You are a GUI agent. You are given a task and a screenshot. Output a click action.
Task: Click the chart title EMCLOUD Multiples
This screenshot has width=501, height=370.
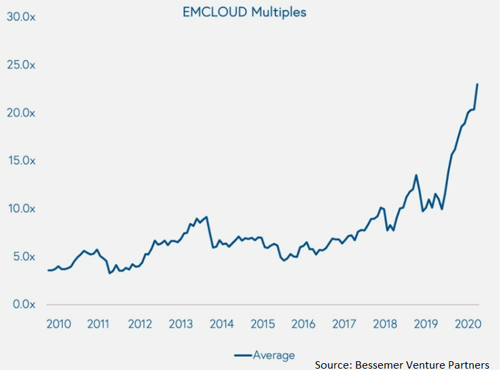pyautogui.click(x=244, y=12)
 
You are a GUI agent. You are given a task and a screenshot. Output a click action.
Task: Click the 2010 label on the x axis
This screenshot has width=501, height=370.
pyautogui.click(x=58, y=324)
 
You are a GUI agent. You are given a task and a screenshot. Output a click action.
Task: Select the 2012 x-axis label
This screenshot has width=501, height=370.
pyautogui.click(x=140, y=324)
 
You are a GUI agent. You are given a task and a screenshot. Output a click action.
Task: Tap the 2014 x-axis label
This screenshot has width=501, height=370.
pyautogui.click(x=221, y=324)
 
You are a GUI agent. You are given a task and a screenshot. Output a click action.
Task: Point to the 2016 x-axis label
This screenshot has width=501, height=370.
pyautogui.click(x=303, y=324)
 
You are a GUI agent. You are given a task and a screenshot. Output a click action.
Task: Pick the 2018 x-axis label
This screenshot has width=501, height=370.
pyautogui.click(x=385, y=324)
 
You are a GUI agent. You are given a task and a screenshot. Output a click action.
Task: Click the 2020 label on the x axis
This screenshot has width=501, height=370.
pyautogui.click(x=467, y=324)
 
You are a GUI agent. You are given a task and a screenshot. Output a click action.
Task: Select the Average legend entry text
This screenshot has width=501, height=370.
pyautogui.click(x=274, y=354)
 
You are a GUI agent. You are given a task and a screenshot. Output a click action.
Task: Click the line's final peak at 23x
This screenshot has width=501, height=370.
pyautogui.click(x=477, y=84)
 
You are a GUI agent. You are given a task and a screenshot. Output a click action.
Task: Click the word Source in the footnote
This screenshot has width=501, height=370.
pyautogui.click(x=333, y=365)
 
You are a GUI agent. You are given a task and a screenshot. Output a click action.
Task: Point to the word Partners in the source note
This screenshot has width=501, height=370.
pyautogui.click(x=468, y=365)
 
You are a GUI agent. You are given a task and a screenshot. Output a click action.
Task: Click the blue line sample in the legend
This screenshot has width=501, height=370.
pyautogui.click(x=242, y=354)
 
